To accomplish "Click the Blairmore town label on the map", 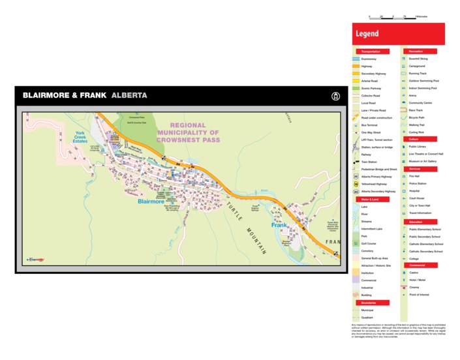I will (x=151, y=202).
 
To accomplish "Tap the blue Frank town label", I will (x=279, y=225).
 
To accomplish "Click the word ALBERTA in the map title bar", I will (x=129, y=95).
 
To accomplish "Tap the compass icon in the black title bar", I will (x=336, y=96).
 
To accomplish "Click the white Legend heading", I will (x=367, y=34).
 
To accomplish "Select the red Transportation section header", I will (x=372, y=51).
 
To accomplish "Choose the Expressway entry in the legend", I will (x=368, y=59).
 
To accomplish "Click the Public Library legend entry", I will (x=418, y=147).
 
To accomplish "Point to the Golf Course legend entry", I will (x=369, y=243).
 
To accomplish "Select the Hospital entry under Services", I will (x=415, y=191).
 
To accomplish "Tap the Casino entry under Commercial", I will (x=414, y=273).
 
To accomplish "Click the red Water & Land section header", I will (x=372, y=199).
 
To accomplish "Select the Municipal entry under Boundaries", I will (x=368, y=310).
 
